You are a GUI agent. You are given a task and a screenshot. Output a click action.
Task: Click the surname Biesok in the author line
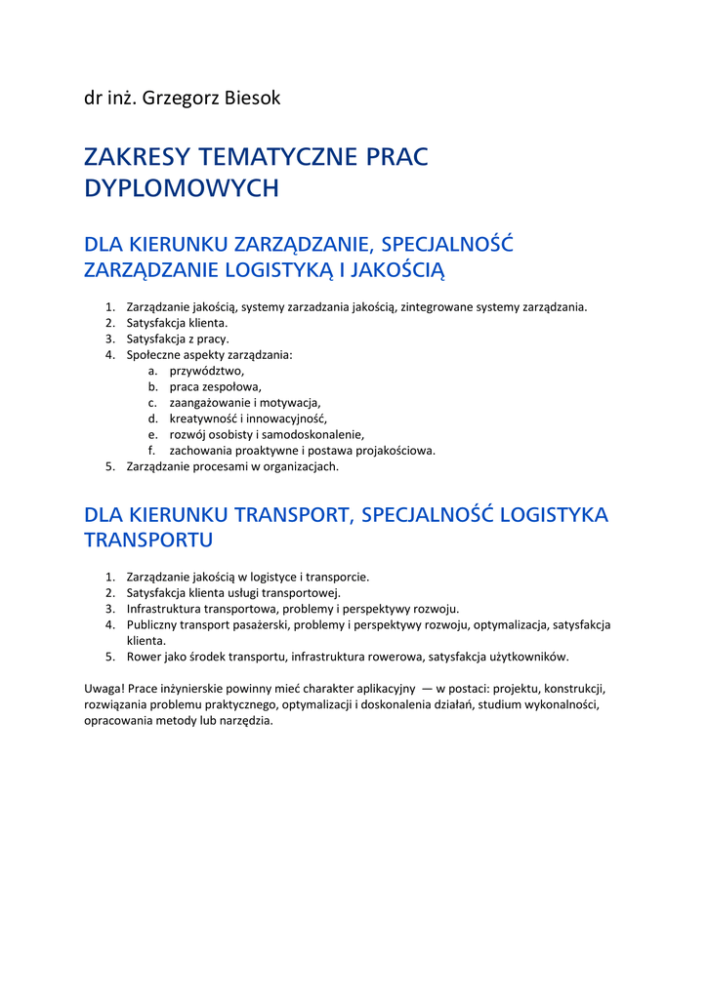point(248,98)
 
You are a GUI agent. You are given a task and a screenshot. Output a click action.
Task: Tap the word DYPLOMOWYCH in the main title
point(182,188)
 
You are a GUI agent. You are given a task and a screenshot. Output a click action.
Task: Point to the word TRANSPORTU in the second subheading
point(148,539)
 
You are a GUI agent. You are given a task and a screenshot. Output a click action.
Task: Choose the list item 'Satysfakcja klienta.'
point(177,323)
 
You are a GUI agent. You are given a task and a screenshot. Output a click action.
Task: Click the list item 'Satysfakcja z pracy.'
point(178,339)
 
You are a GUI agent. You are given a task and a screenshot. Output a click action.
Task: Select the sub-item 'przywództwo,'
point(206,371)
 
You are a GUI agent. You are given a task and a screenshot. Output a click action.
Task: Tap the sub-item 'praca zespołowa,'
point(215,386)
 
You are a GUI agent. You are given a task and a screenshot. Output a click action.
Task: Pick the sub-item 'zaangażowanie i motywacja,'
point(244,402)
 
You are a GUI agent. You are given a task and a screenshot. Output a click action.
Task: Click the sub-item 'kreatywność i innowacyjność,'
point(248,419)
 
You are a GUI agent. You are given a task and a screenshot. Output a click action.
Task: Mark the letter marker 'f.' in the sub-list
point(152,451)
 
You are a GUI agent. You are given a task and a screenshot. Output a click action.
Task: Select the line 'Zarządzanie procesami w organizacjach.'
point(232,466)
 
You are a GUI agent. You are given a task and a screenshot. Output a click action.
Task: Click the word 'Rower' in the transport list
point(144,657)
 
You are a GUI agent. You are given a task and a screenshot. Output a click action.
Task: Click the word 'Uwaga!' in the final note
point(104,689)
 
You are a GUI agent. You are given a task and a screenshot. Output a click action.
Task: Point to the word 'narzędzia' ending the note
point(248,721)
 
